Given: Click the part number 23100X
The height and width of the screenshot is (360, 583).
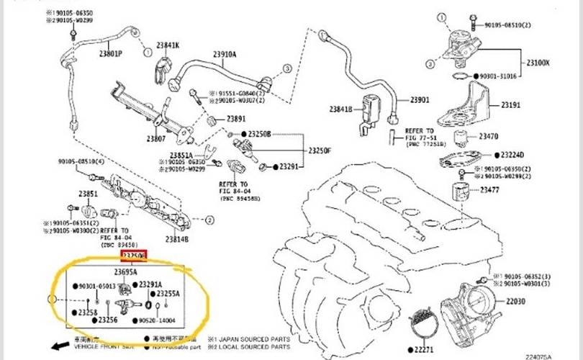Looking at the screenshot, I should point(538,63).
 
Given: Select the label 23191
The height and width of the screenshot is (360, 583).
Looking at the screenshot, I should point(510,105).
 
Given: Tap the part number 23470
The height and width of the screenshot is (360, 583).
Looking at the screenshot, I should point(489,136).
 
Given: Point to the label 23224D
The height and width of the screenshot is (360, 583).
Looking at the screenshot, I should point(512,155).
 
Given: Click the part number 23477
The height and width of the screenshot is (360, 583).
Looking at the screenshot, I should point(489,190).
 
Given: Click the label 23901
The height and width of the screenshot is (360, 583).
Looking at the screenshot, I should point(419,99).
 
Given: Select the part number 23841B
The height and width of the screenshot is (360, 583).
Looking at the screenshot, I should point(341,109).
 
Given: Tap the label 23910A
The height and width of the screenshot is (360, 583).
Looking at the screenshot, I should point(225,54).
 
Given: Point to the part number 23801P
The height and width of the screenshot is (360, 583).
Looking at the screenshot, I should point(110,54).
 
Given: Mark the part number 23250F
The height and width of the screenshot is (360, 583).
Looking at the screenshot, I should point(320,150).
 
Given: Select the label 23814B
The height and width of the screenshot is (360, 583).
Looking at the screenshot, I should point(176,239).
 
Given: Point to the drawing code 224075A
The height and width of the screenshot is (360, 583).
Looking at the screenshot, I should point(560,356).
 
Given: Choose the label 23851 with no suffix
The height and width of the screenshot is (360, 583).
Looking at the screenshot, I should point(88,194).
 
